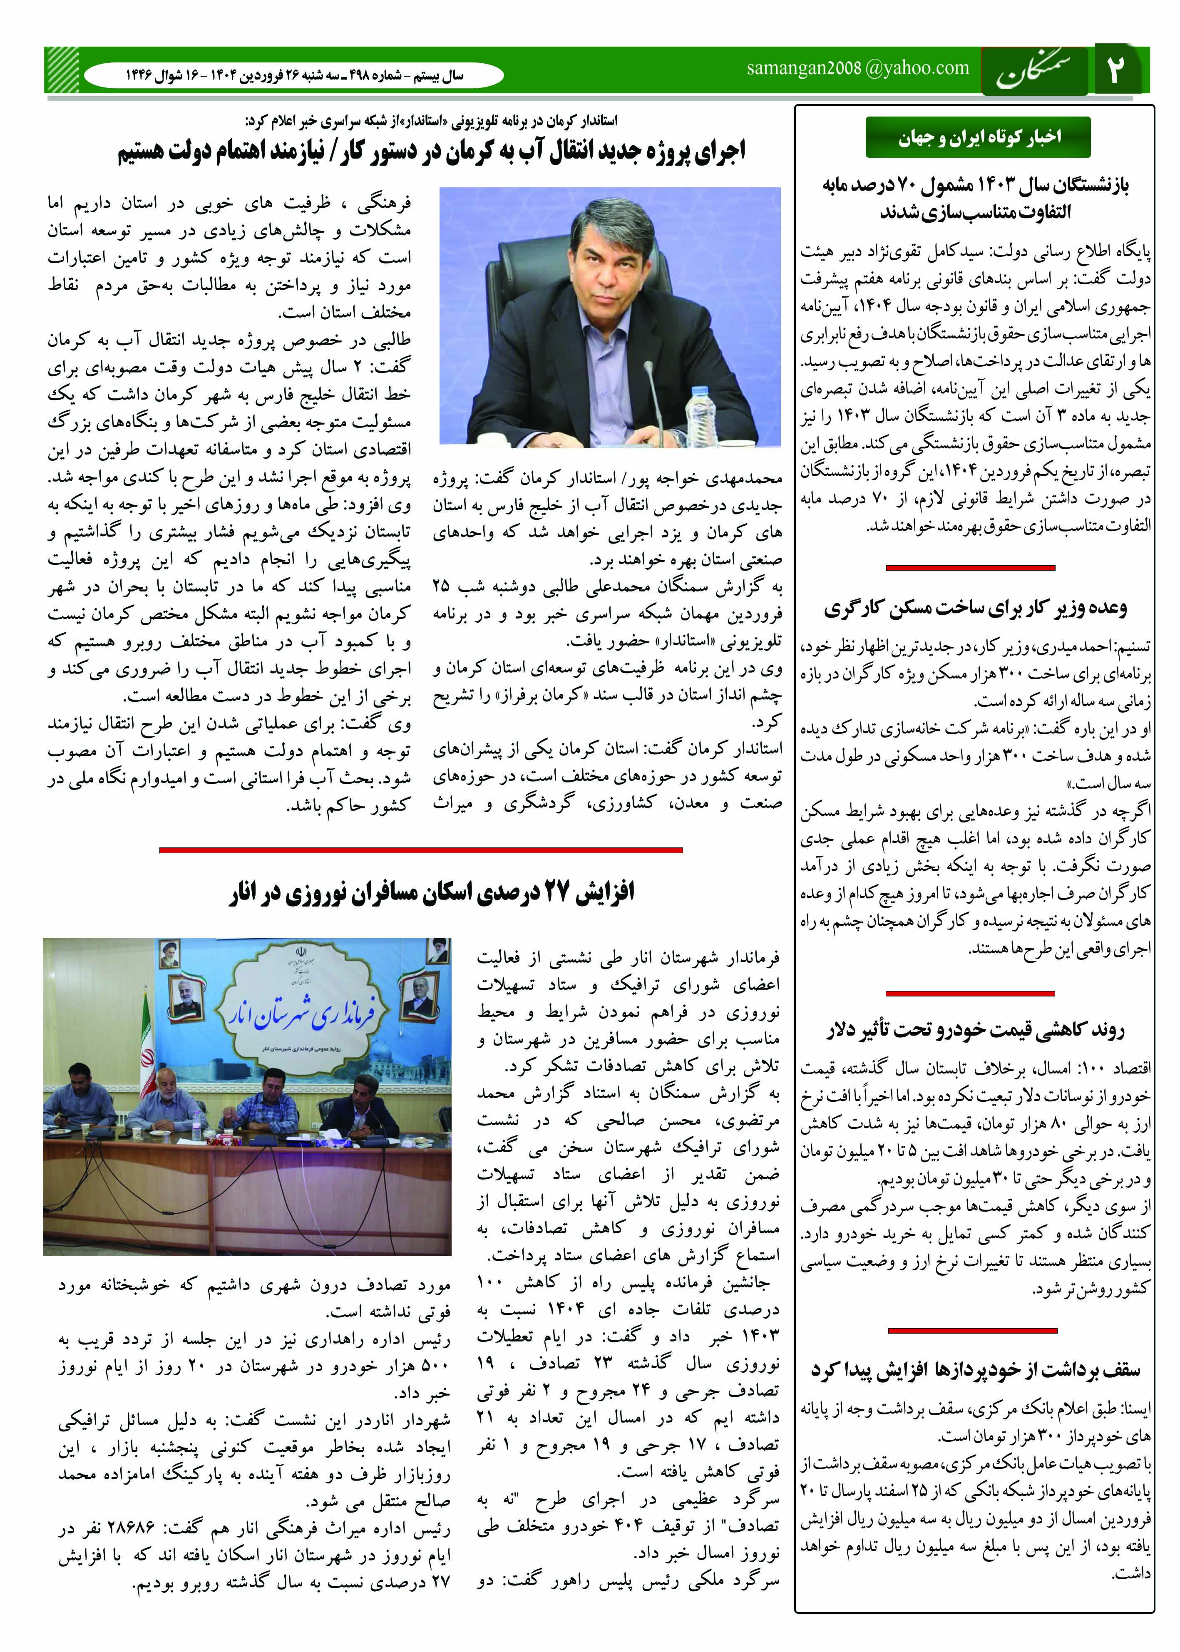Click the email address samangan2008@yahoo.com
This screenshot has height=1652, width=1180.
point(857,68)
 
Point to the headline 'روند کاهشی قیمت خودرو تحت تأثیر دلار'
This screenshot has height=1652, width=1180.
point(976,1029)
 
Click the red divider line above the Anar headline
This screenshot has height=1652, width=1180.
point(421,849)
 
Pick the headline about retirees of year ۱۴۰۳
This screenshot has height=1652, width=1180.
point(976,198)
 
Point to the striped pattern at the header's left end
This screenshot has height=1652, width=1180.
point(62,70)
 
